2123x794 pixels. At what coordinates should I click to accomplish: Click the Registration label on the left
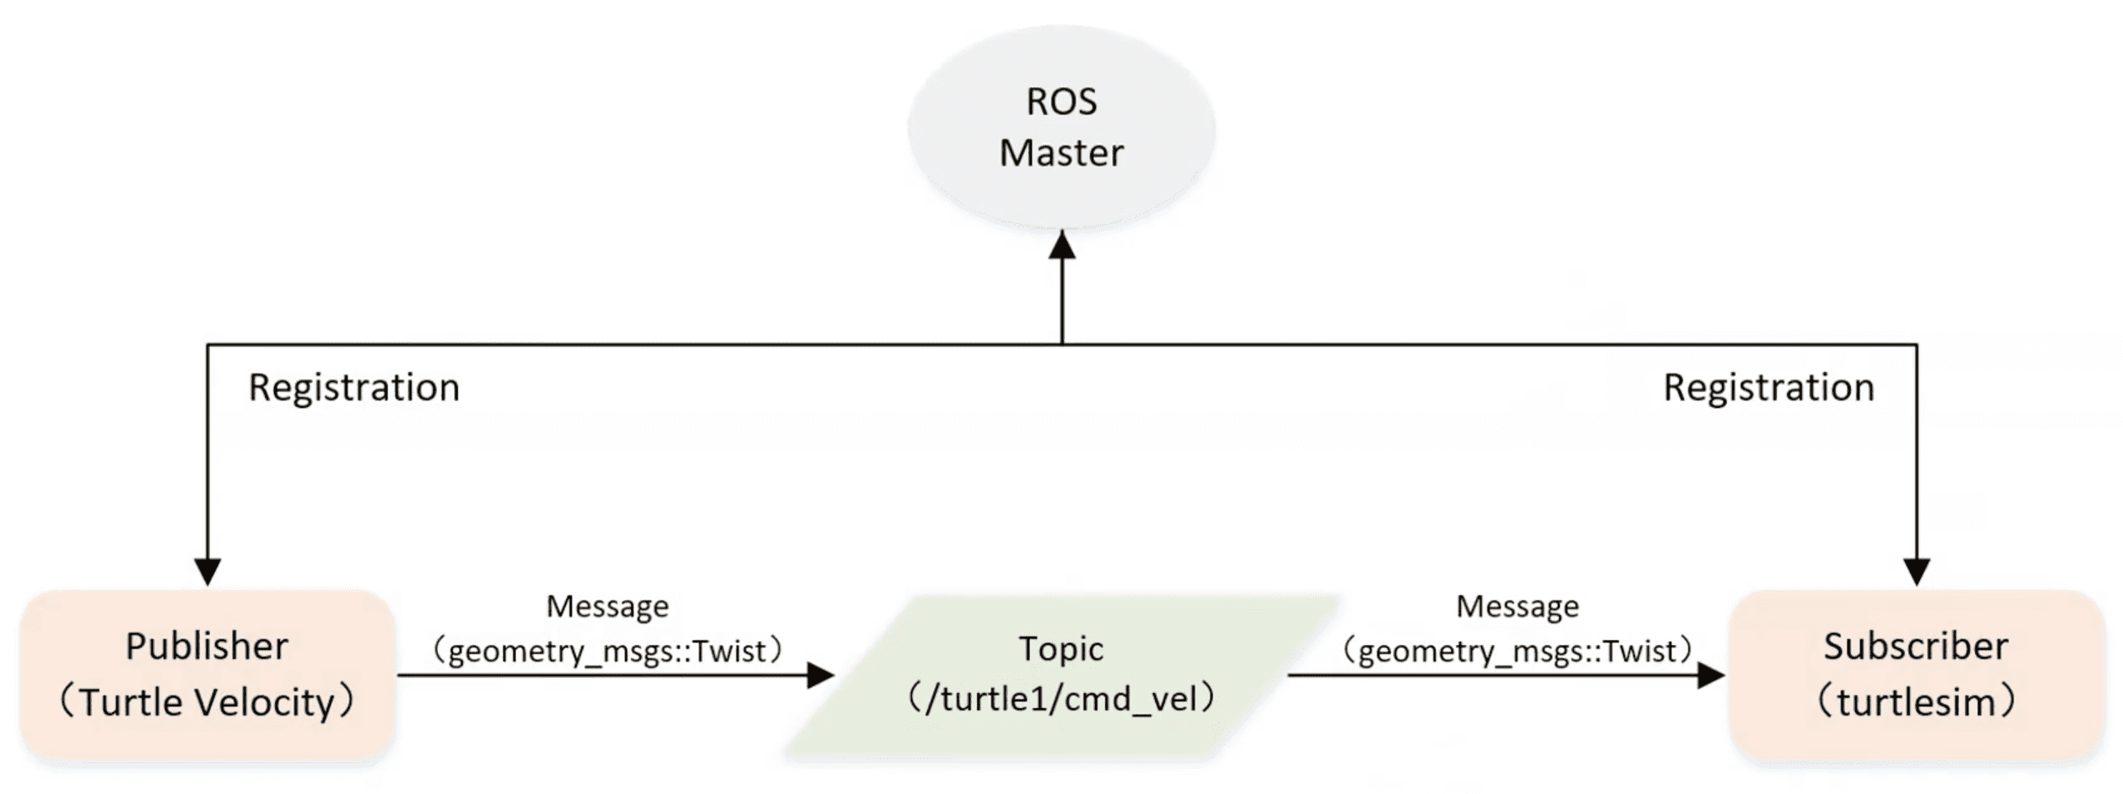[354, 388]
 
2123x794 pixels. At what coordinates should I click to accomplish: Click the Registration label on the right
[1769, 388]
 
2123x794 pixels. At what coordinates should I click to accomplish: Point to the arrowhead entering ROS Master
[1061, 245]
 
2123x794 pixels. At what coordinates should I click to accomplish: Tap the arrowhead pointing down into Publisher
[207, 572]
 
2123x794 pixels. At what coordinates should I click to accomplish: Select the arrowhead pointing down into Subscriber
[1916, 572]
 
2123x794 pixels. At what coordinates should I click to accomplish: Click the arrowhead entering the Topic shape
[821, 675]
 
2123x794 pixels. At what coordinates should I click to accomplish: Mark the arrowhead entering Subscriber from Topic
[1711, 675]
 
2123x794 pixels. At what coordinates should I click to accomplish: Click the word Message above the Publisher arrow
[608, 606]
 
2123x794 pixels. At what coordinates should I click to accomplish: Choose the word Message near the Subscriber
[1517, 606]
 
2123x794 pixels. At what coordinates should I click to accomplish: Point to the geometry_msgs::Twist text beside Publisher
[608, 650]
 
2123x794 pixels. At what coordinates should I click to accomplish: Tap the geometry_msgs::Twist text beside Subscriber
[1517, 650]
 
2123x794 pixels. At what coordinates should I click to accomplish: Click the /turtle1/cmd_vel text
[1061, 699]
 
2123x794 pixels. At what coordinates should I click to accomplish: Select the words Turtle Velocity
[207, 702]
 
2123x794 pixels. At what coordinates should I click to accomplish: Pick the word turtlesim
[1916, 702]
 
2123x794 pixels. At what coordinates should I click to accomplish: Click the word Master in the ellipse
[1061, 153]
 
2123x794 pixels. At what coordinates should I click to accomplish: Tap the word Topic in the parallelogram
[1061, 649]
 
